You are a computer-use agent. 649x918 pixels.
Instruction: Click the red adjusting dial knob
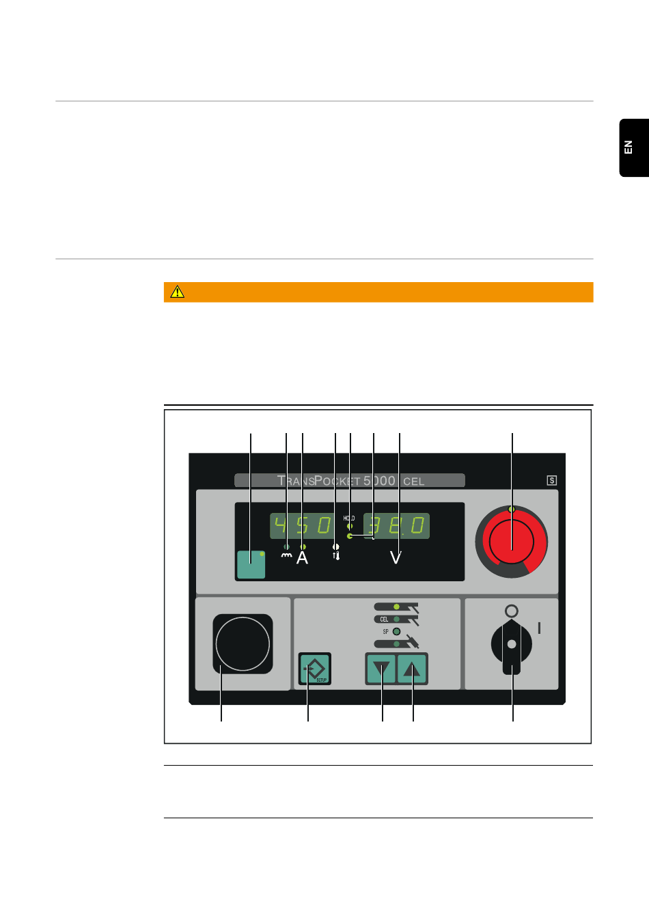point(512,541)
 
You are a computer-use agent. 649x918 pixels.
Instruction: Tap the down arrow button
point(381,669)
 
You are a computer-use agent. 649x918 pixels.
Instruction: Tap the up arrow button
point(413,669)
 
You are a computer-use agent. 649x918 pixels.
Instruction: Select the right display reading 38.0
point(397,526)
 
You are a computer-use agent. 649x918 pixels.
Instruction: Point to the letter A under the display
point(302,558)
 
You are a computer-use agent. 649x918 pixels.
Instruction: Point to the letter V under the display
point(396,558)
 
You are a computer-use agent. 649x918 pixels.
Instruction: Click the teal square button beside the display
point(251,564)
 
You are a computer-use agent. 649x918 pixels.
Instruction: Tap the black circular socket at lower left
point(243,643)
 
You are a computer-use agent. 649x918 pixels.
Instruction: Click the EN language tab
point(633,148)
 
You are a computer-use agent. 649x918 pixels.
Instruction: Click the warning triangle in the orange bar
point(178,292)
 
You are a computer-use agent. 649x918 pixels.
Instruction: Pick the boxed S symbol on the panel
point(552,480)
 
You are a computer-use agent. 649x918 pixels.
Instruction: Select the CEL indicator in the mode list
point(385,620)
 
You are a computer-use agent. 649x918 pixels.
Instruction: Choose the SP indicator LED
point(396,631)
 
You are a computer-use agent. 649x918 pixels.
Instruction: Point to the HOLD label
point(349,518)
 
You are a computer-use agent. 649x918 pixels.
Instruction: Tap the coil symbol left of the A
point(286,556)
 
